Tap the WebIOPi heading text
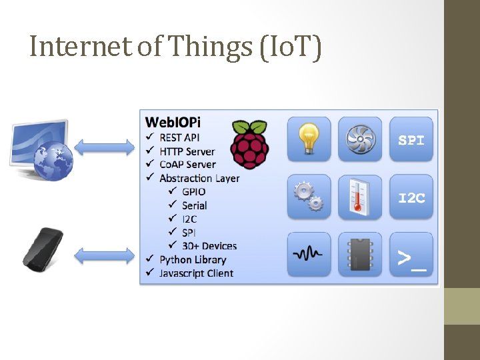173,122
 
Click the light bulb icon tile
309,139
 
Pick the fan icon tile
360,139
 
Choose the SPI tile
411,139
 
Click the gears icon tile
309,197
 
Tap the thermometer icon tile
360,197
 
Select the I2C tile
411,197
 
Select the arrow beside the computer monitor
105,147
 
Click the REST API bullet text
179,137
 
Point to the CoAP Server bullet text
187,165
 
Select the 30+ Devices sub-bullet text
209,246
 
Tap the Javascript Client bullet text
196,273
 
